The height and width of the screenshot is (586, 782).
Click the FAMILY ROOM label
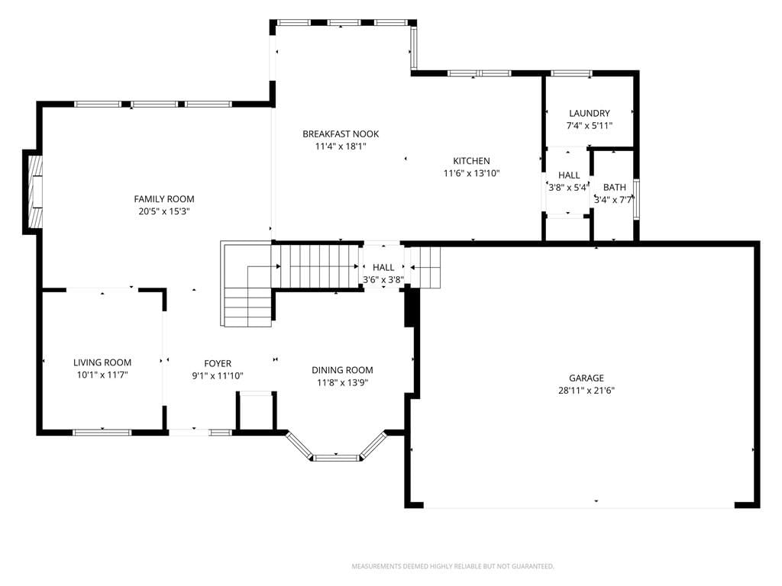[x=164, y=199]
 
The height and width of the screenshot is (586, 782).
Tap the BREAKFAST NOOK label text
[x=341, y=134]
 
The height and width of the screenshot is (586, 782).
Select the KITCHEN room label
[x=471, y=161]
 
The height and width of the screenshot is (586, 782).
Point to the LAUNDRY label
[x=590, y=113]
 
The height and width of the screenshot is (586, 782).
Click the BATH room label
[x=615, y=188]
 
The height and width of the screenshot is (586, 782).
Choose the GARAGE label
[x=586, y=378]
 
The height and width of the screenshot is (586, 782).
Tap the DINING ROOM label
[x=342, y=370]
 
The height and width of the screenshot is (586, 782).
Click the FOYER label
[x=218, y=364]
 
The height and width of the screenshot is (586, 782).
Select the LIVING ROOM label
[x=102, y=362]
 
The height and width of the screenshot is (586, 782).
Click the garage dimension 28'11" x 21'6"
[x=586, y=391]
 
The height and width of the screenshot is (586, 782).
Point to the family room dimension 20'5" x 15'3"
[x=164, y=211]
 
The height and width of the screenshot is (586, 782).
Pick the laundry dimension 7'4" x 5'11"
[x=590, y=126]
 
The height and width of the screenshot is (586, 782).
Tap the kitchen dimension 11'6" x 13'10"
[x=471, y=173]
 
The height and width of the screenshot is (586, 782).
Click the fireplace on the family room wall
[x=33, y=192]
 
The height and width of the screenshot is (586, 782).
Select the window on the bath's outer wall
[x=636, y=199]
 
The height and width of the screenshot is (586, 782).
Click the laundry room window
[x=571, y=74]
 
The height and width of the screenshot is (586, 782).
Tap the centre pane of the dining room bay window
[x=336, y=458]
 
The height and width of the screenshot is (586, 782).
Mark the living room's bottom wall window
[x=102, y=433]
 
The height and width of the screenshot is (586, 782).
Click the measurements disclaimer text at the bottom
[x=453, y=567]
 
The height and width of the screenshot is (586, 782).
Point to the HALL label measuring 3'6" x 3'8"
[x=383, y=268]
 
